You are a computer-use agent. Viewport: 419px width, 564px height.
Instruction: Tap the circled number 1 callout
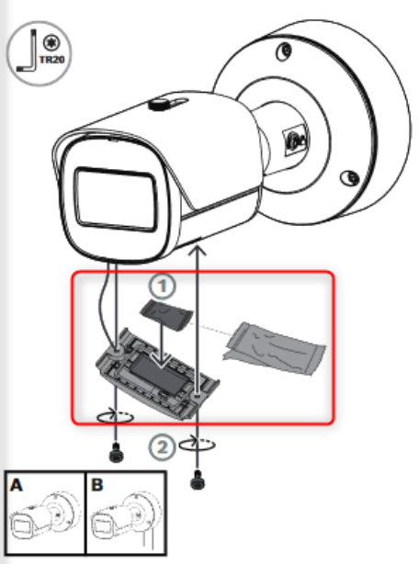point(163,287)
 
